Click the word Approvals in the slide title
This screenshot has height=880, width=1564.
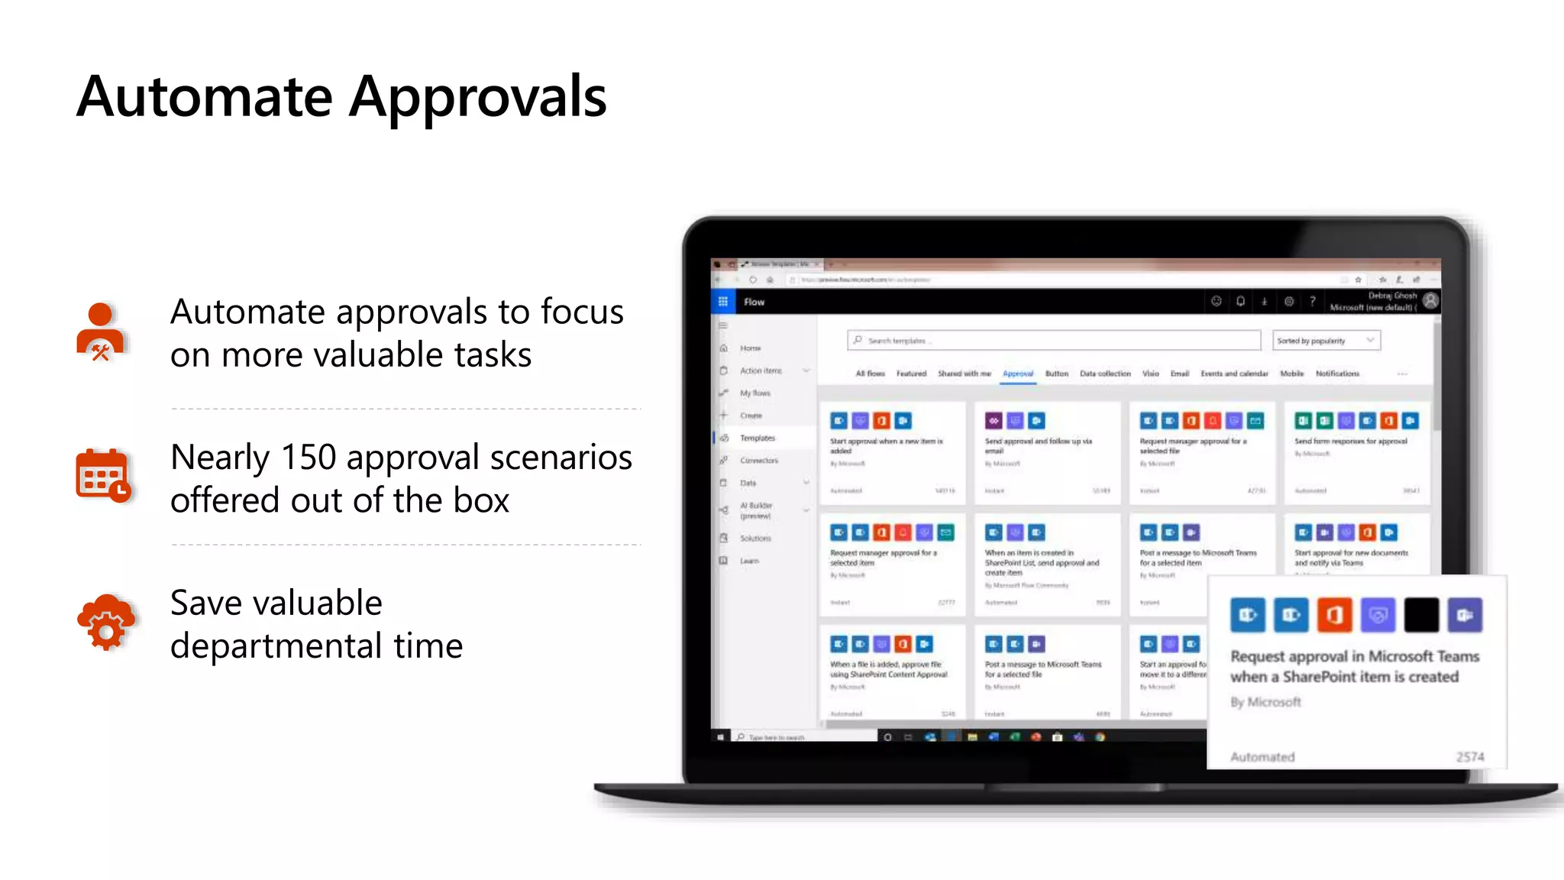(477, 98)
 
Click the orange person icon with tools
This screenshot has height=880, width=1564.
(100, 332)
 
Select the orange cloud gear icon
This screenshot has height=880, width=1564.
(105, 623)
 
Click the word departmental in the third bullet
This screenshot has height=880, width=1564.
(276, 645)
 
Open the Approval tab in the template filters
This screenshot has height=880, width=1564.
(1017, 374)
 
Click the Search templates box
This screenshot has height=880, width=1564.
(1054, 341)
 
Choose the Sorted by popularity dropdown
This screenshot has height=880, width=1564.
(1326, 341)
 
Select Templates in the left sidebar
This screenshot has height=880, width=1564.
(757, 438)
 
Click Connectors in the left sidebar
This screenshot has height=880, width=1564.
(758, 461)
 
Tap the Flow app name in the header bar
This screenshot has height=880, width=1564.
(754, 302)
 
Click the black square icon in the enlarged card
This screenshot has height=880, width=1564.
(1421, 615)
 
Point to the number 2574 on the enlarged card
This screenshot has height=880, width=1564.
(1469, 757)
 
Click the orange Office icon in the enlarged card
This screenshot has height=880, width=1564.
(1334, 615)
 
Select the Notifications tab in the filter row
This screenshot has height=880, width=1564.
(1337, 374)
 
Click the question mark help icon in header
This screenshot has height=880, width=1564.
(1312, 302)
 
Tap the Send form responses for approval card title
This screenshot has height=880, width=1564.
(1350, 442)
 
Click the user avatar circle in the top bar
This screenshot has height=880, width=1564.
(1430, 301)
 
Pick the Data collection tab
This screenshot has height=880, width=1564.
(1104, 374)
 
